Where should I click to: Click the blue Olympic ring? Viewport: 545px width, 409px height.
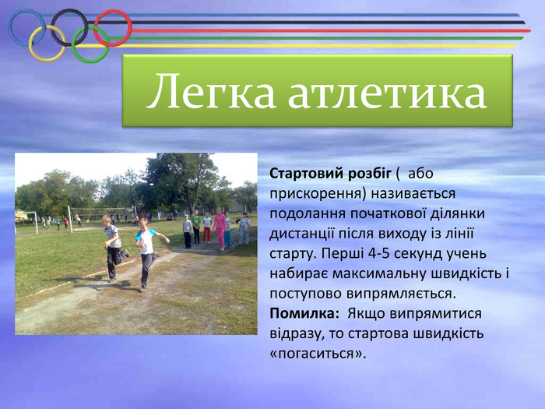(10, 27)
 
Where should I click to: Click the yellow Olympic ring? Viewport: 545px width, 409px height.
(30, 44)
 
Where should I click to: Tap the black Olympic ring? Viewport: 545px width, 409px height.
(53, 27)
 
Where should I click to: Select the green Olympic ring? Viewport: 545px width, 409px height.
(73, 44)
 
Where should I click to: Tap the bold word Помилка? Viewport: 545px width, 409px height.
(304, 314)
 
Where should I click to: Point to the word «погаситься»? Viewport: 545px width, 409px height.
(318, 354)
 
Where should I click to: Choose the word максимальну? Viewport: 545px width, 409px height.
(380, 273)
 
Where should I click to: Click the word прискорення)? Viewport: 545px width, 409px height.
(318, 193)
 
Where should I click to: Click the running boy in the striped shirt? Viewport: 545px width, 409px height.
(114, 248)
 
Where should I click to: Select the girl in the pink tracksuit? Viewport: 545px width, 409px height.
(220, 229)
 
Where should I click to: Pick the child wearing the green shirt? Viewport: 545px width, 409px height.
(195, 227)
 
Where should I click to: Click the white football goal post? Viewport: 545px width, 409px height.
(71, 219)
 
